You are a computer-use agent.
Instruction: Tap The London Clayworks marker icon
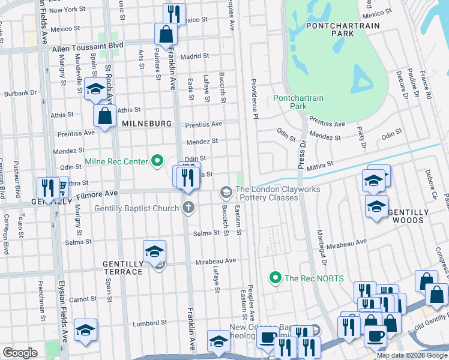[x=226, y=192]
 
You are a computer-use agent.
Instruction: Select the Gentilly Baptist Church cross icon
[x=188, y=208]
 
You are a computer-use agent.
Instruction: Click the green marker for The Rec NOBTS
[x=276, y=277]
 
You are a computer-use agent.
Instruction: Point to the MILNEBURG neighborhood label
[x=146, y=123]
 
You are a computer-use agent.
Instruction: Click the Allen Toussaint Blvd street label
[x=88, y=45]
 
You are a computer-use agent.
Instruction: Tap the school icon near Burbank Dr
[x=95, y=89]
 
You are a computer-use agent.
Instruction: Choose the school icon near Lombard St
[x=85, y=330]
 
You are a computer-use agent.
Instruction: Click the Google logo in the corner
[x=20, y=352]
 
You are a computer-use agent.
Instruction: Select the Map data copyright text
[x=412, y=355]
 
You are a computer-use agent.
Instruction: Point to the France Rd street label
[x=425, y=85]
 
